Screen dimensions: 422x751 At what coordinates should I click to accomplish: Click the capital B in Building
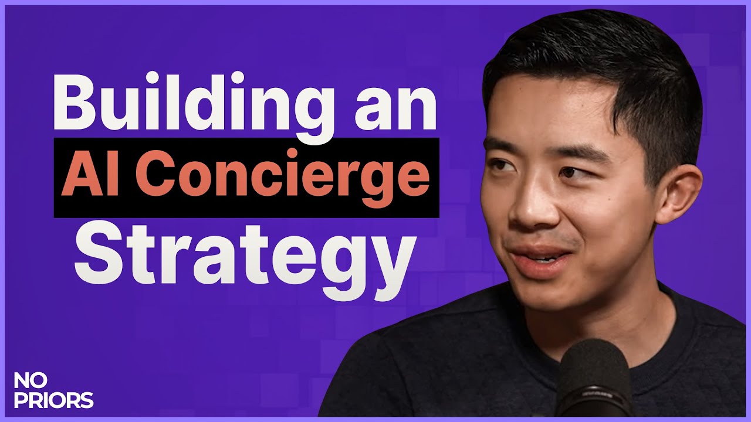[x=75, y=103]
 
